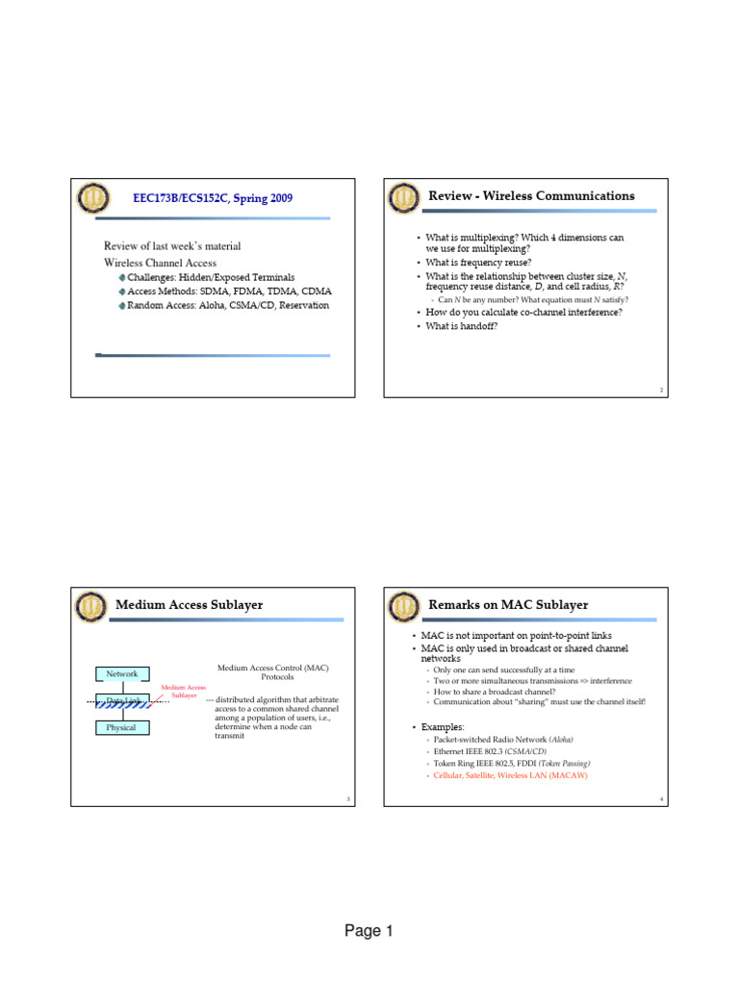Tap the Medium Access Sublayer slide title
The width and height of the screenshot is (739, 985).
189,605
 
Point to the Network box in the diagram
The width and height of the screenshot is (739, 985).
122,674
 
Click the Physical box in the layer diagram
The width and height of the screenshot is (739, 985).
122,728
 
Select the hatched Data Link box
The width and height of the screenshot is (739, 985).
122,701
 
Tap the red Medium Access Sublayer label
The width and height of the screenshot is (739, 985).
184,691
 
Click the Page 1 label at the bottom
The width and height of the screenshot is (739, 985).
369,931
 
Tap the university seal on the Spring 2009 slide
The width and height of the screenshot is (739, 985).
93,198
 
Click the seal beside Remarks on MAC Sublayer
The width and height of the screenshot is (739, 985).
404,606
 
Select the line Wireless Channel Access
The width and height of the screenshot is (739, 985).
160,263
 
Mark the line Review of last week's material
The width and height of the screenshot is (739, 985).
172,246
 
